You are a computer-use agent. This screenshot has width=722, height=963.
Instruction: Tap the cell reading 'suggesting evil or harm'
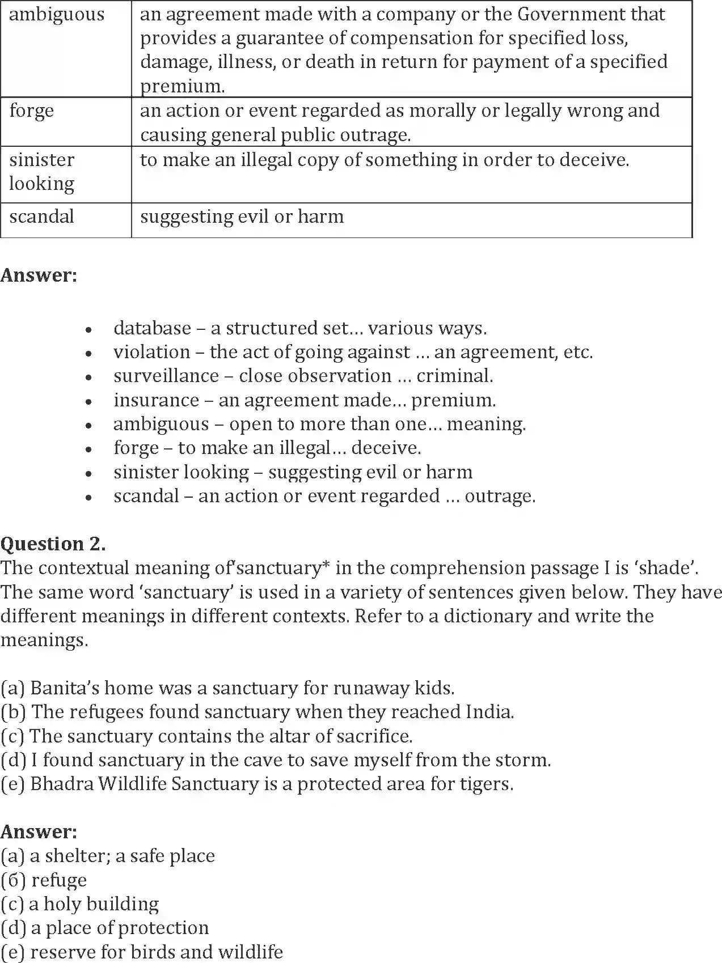242,217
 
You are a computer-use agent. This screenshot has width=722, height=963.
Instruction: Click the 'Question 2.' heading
53,544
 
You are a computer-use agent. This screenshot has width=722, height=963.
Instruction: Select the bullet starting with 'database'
299,328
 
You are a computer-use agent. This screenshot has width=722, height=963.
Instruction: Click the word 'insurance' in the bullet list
156,400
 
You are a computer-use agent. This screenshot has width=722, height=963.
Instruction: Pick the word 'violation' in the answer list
151,352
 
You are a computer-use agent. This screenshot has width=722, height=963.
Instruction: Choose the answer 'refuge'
59,880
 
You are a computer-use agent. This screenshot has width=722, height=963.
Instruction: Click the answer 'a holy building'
94,904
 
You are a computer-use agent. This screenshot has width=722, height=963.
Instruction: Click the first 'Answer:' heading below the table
39,275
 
